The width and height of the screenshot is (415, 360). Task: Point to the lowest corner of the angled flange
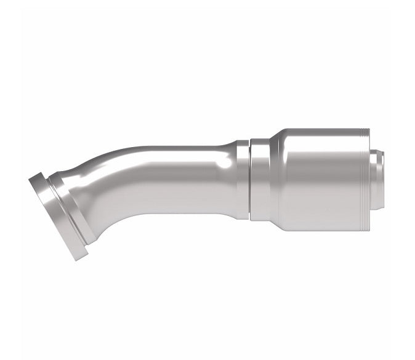tap(78, 258)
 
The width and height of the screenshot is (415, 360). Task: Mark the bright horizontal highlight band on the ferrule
tap(320, 154)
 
